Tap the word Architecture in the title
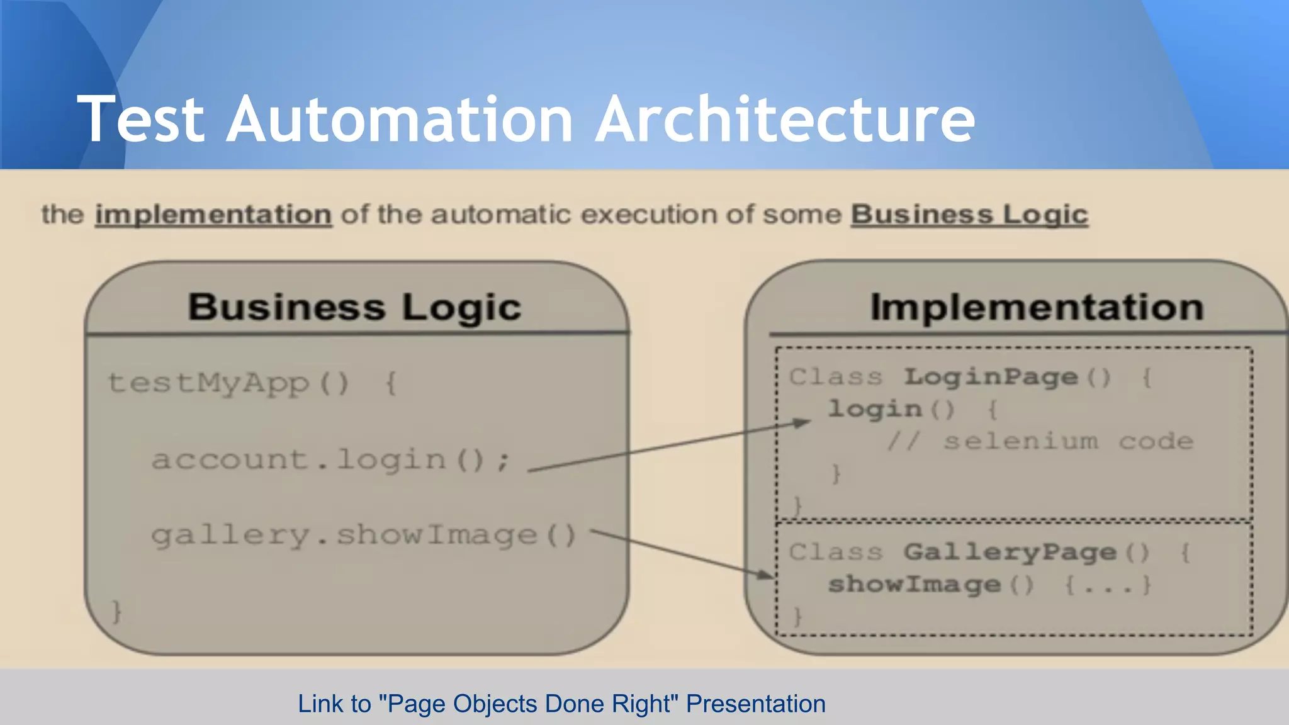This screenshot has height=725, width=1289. click(x=785, y=120)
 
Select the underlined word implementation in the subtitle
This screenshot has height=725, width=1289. click(x=213, y=215)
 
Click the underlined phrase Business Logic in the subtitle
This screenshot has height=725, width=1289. click(x=969, y=215)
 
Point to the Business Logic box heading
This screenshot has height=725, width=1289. click(x=355, y=308)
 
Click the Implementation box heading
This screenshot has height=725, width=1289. click(x=1037, y=307)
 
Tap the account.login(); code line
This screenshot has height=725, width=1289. click(x=330, y=459)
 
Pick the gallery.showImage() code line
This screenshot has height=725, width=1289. click(x=364, y=536)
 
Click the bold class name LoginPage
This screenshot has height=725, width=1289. click(x=991, y=377)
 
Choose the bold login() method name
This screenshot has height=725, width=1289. click(x=875, y=409)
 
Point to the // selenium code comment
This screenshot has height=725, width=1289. click(x=1040, y=441)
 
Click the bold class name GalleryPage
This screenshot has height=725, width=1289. click(x=1010, y=553)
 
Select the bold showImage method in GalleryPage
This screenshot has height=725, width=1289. click(x=914, y=585)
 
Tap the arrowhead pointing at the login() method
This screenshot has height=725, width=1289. click(x=803, y=422)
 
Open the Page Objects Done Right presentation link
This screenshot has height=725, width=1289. click(x=561, y=704)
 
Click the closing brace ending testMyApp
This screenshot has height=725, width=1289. click(x=116, y=611)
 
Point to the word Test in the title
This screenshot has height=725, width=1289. click(x=141, y=120)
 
